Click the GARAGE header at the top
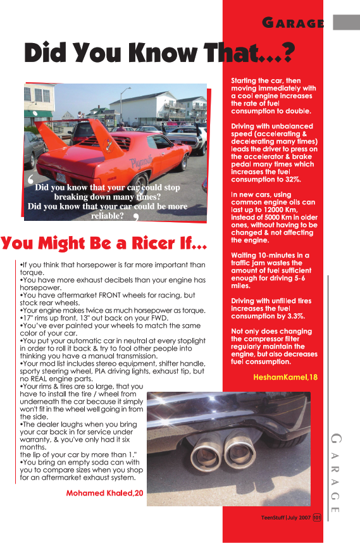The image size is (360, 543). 294,23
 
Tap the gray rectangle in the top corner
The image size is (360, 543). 346,22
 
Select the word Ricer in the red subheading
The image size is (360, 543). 154,243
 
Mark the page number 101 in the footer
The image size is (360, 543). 317,518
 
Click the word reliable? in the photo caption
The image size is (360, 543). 108,215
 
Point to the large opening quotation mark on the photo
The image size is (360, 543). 31,180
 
